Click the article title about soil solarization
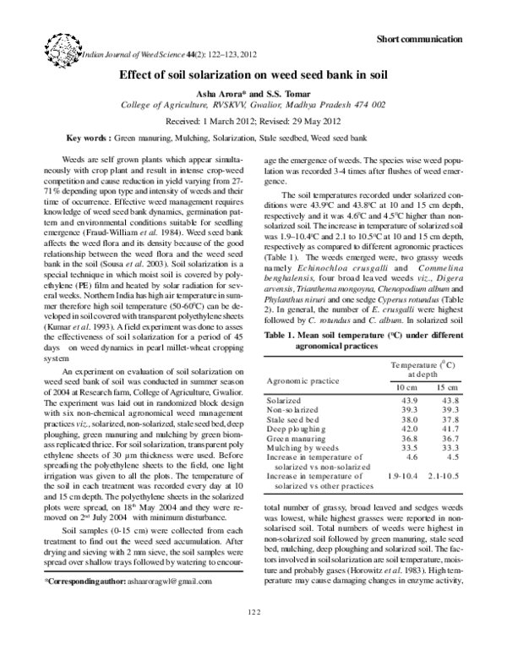(x=253, y=75)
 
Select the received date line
(x=253, y=121)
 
